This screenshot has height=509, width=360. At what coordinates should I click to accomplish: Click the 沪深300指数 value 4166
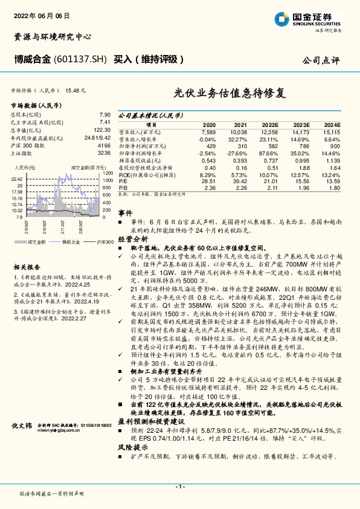[x=103, y=146]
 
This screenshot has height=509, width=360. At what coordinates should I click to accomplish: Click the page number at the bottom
[x=179, y=486]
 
